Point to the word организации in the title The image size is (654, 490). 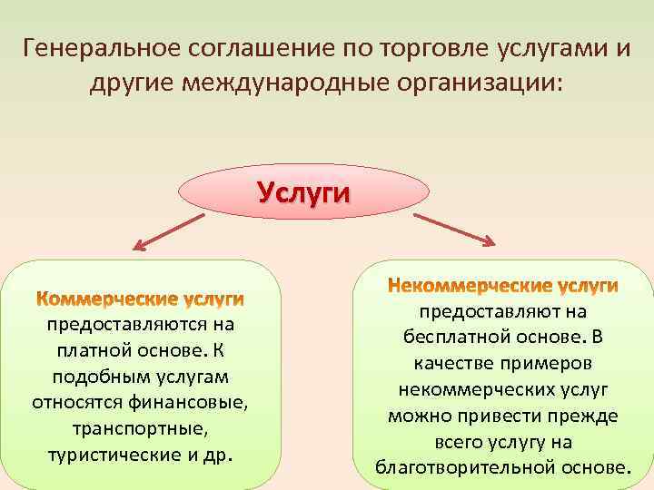[481, 83]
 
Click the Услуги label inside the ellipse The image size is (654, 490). [302, 192]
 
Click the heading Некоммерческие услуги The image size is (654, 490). [502, 286]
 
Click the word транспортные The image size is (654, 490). [141, 427]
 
